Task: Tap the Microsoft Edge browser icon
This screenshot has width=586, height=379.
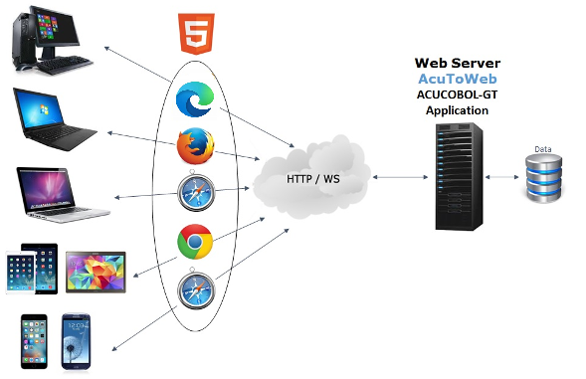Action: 194,101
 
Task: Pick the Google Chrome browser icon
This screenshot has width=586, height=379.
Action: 195,243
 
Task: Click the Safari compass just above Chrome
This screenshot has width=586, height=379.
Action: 195,192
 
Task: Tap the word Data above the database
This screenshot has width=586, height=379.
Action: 543,149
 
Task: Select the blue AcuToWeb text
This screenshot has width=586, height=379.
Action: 457,79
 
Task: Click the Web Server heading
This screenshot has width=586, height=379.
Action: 457,63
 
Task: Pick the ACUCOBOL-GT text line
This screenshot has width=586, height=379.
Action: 457,95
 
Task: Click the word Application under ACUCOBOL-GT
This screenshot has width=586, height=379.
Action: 457,110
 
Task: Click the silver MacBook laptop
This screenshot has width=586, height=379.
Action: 60,194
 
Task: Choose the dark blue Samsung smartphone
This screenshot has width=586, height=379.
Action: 77,341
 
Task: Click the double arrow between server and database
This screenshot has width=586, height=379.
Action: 504,179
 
